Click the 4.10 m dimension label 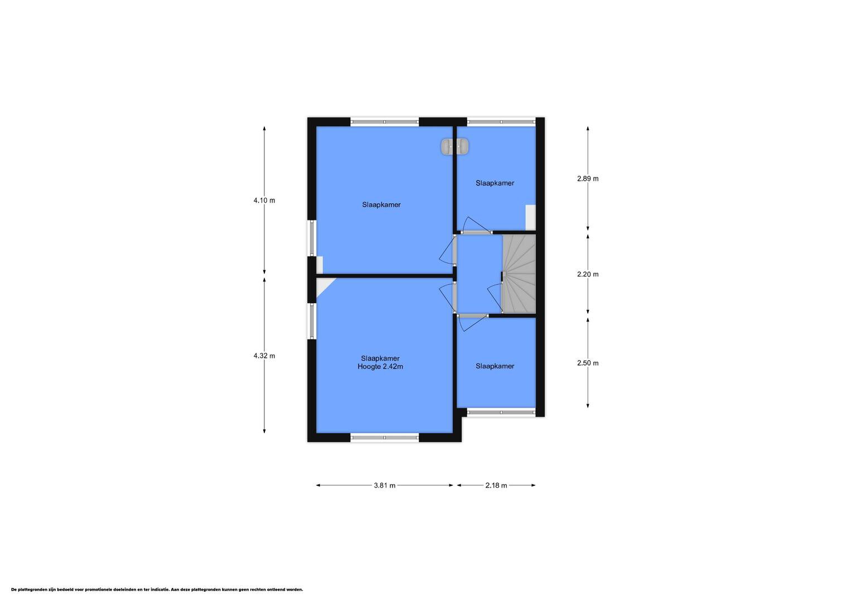(264, 200)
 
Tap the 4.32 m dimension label (264, 356)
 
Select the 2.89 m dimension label (588, 179)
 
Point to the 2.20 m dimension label (588, 274)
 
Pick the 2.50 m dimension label (588, 363)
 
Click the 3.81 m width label (385, 485)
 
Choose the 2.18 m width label (496, 485)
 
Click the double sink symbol (455, 146)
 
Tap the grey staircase (519, 274)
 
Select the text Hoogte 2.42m (380, 367)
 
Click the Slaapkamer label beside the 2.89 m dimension (495, 183)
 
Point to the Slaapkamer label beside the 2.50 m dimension (495, 366)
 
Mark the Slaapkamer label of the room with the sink (381, 205)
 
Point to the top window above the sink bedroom (385, 122)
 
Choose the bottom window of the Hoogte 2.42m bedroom (385, 438)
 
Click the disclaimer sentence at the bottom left (157, 590)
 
